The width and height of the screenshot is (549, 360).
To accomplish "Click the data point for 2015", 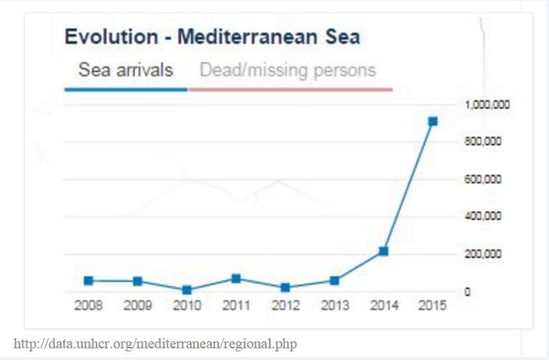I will click(433, 121).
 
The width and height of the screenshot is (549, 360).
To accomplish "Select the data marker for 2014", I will click(384, 251).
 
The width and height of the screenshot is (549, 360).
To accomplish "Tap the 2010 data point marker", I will click(186, 290).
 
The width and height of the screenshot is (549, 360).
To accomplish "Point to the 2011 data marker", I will click(236, 278).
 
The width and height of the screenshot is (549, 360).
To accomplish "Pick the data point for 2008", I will click(88, 281).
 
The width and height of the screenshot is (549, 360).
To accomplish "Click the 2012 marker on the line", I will click(285, 288).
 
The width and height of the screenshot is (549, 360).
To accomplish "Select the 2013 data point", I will click(335, 281).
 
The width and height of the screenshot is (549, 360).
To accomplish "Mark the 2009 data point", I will click(137, 281).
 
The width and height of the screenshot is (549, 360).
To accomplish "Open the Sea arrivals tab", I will click(126, 71).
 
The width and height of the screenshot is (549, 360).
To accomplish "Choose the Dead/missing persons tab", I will click(288, 71).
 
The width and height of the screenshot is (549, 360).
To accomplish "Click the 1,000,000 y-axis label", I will click(487, 104).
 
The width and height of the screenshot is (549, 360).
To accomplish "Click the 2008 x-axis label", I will click(88, 305).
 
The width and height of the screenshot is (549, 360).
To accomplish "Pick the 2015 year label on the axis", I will click(432, 305).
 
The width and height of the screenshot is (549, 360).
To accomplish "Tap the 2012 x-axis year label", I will click(285, 305).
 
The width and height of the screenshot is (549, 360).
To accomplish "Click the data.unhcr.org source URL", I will click(156, 343).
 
